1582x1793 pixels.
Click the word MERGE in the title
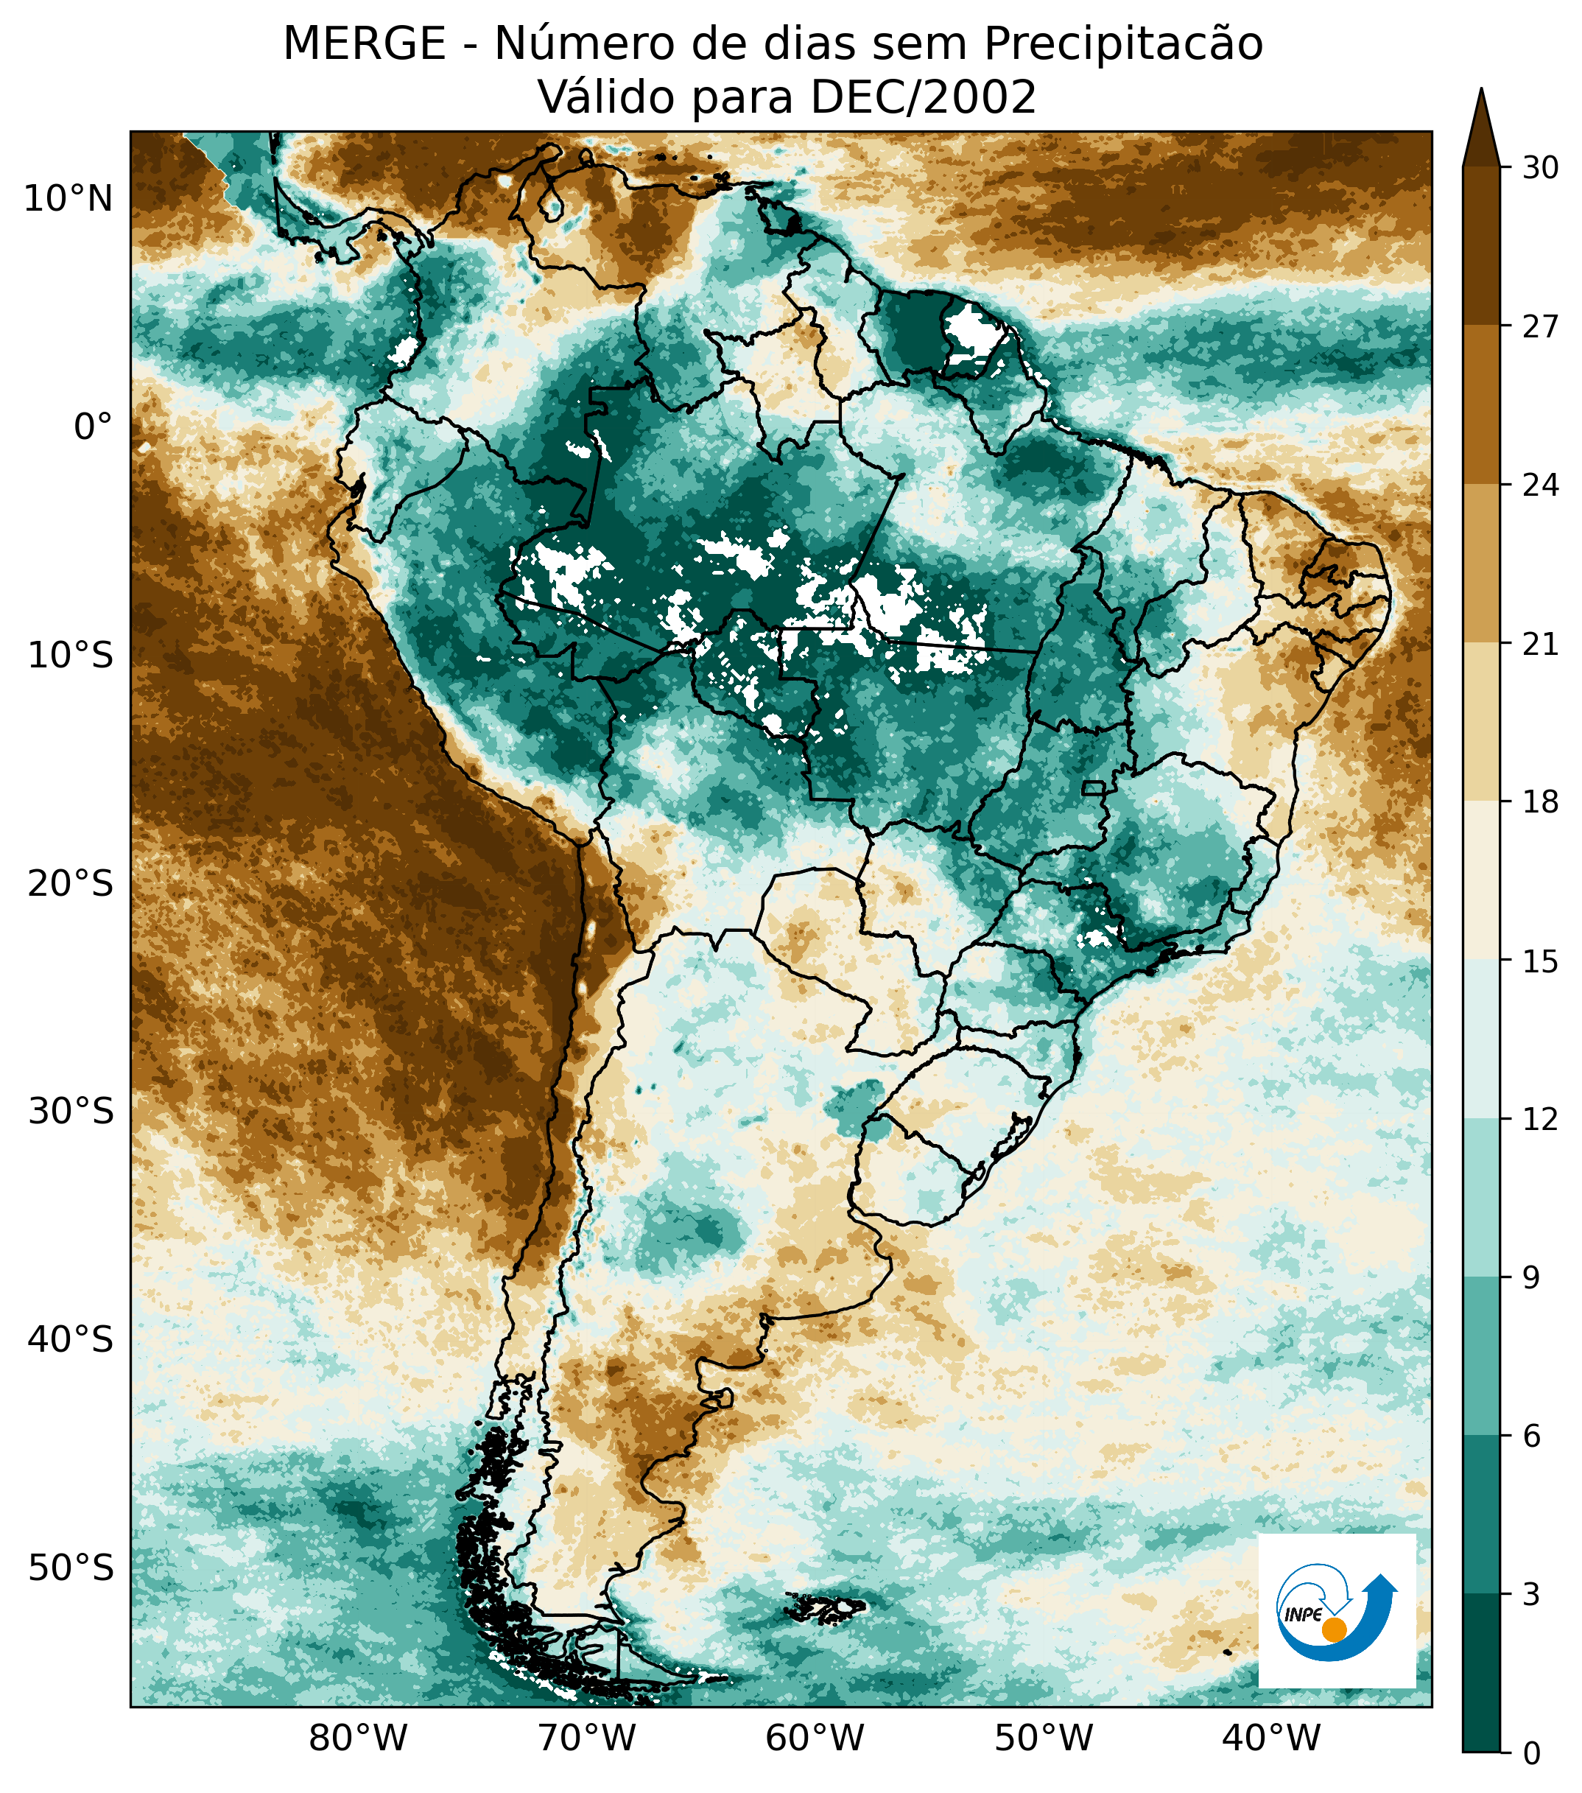364,44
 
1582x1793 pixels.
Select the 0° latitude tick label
93,427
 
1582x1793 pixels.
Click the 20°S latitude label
70,883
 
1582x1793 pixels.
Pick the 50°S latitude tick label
70,1568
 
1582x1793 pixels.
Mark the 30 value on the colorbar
1540,167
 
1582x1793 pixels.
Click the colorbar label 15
1540,961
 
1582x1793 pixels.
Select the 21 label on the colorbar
1540,645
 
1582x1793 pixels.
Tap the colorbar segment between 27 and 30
1481,245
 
